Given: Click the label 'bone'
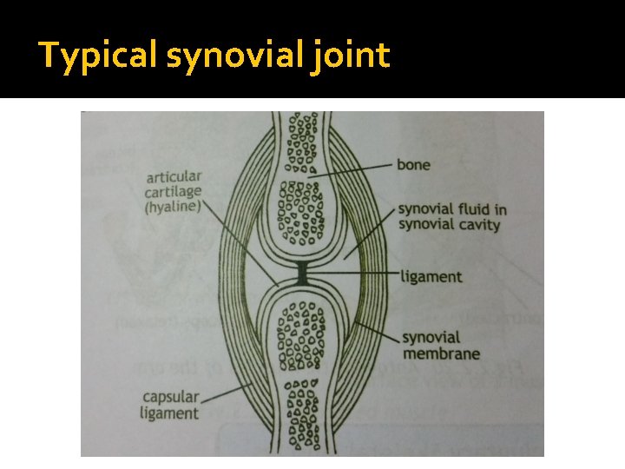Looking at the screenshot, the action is tap(414, 164).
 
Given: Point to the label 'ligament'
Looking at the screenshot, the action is tap(431, 278).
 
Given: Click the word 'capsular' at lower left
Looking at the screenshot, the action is tap(171, 398).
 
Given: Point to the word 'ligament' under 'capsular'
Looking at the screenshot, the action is tap(169, 413).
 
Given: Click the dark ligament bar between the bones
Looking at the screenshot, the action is tap(302, 273).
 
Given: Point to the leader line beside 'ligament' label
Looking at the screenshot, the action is tap(352, 276).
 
